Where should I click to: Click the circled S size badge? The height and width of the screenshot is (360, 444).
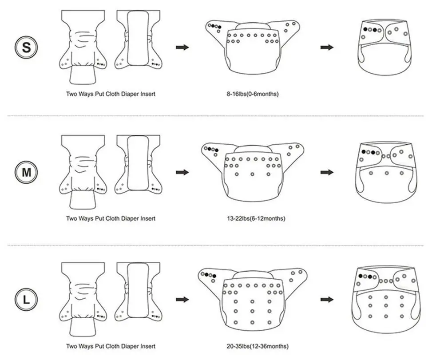pos(27,47)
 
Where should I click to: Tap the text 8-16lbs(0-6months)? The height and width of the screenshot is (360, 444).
pos(252,94)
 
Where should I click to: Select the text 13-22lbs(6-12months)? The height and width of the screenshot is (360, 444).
pos(252,218)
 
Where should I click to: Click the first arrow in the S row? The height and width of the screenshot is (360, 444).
pos(182,47)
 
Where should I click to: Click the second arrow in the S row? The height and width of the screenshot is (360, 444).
pos(327,47)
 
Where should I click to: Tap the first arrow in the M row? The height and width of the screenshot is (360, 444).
pos(182,172)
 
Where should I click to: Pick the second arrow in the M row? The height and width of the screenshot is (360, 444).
pos(327,172)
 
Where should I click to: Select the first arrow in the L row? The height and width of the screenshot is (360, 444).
pos(182,300)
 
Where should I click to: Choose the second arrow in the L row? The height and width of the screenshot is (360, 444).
pos(327,300)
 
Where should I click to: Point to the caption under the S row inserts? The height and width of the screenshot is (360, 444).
pos(111,94)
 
